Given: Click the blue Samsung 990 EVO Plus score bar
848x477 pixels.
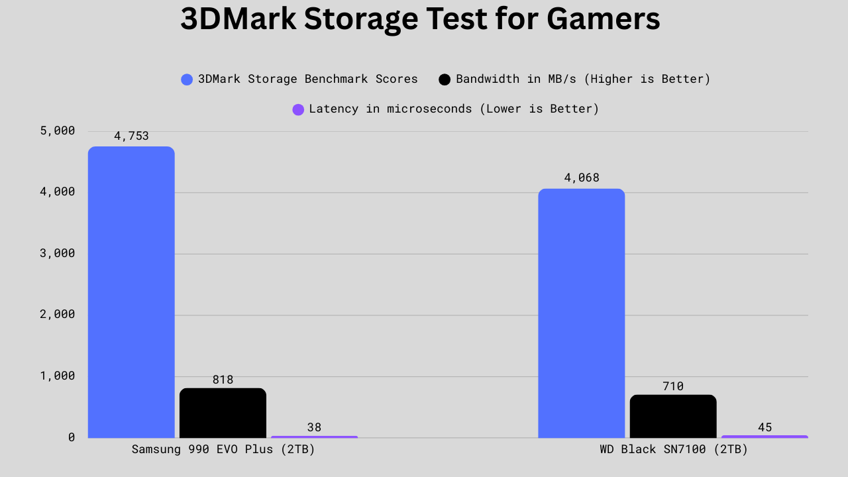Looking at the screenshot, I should coord(131,291).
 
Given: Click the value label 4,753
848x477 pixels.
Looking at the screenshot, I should coord(131,136).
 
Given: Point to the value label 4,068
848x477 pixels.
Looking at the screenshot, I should coord(582,178).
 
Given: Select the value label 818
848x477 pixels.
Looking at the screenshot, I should coord(223,380).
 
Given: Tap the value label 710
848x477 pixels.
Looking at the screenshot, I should coord(673,386).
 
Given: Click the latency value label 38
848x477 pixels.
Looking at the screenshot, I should coord(314,427).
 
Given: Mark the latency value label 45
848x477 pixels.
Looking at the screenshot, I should coord(765,427).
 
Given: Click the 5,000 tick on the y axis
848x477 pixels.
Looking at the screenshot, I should coord(58,131).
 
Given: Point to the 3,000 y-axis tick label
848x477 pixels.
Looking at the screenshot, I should coord(58,253).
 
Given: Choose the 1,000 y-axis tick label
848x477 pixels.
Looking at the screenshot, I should coord(58,376).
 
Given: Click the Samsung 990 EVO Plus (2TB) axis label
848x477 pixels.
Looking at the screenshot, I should coord(223,449).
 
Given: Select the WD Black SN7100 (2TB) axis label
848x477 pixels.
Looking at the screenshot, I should coord(674,449).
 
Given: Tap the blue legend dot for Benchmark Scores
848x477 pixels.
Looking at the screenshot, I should coord(187,79).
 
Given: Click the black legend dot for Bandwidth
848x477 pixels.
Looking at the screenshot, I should coord(445,79).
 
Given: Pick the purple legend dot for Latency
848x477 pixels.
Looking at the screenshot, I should coord(298,109).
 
